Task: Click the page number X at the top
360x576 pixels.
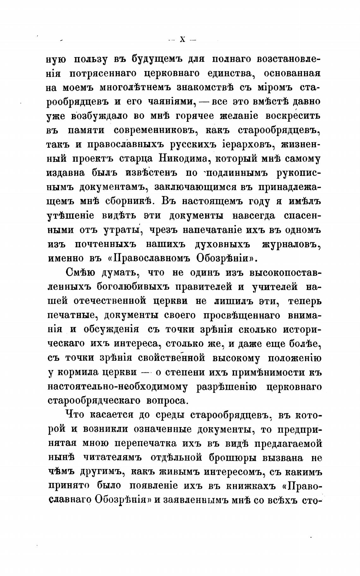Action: click(183, 39)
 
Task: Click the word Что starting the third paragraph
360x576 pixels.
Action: click(75, 415)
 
